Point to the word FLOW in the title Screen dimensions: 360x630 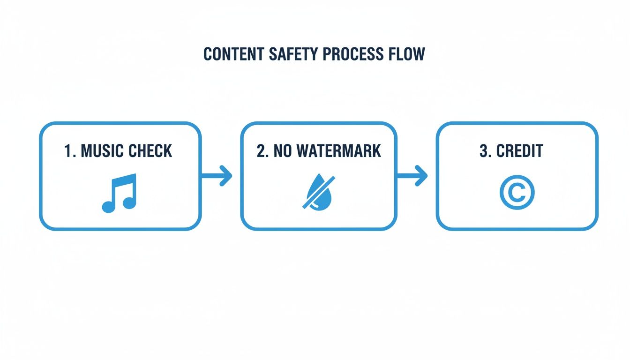coord(407,54)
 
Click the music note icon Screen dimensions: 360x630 coord(120,193)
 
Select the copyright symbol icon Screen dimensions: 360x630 coord(517,192)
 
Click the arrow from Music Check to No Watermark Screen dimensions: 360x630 coord(217,176)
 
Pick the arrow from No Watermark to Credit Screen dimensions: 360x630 coord(412,176)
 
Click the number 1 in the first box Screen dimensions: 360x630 coord(68,151)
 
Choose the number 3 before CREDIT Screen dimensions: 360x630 coord(484,151)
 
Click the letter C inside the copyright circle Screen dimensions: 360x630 coord(517,192)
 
